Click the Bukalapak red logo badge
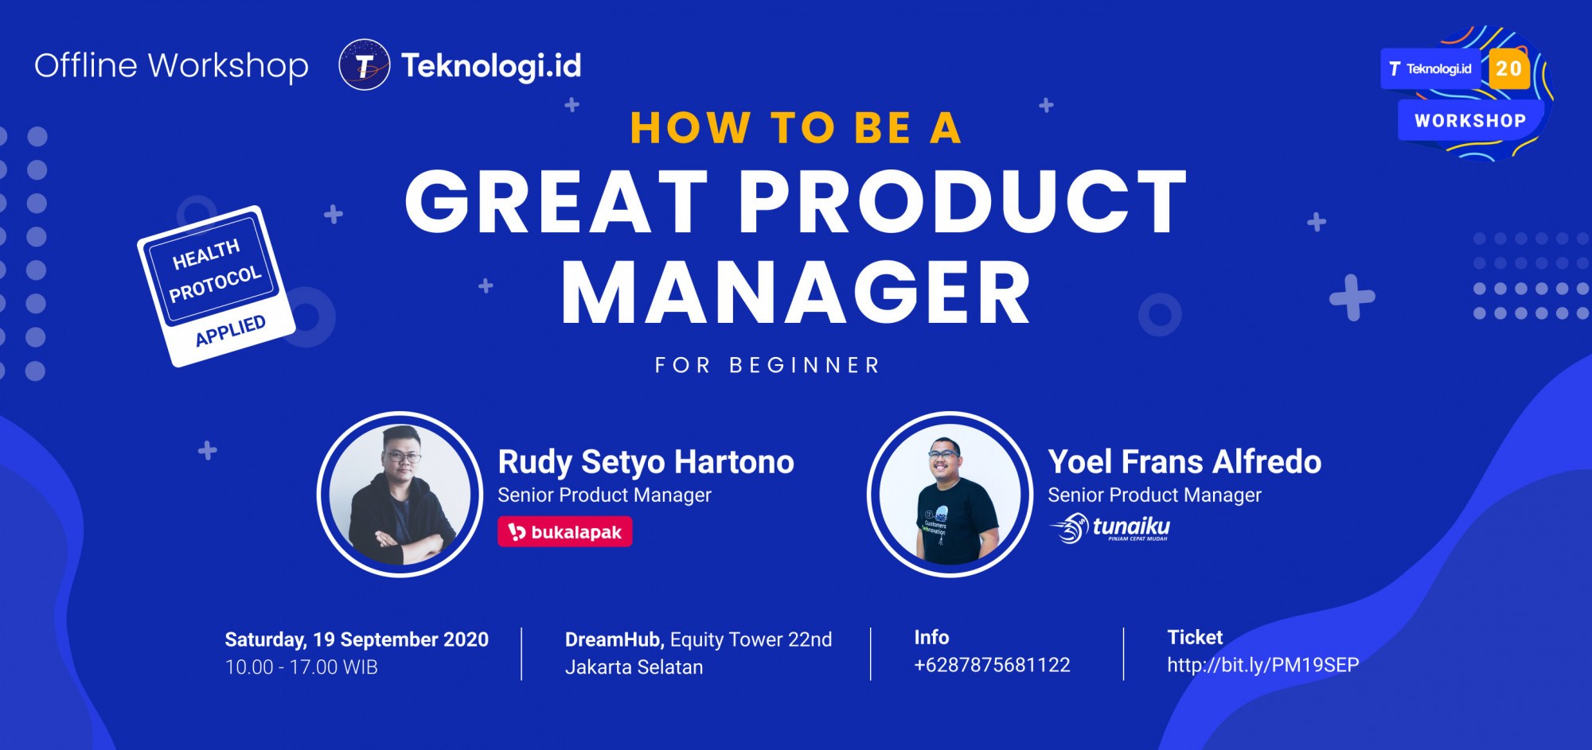[565, 532]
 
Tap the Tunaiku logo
[1110, 528]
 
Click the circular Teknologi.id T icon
[365, 65]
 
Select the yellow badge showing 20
[1508, 68]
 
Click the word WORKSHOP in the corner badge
[1470, 121]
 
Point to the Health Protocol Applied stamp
[217, 286]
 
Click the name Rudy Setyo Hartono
[646, 462]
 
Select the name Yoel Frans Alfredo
[1184, 462]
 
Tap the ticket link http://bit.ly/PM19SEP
[1263, 665]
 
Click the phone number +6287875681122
[992, 665]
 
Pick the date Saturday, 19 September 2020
[357, 639]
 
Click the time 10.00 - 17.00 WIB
[302, 667]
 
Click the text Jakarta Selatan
[634, 667]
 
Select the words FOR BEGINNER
[767, 365]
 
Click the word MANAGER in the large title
[796, 293]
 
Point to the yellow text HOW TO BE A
[796, 127]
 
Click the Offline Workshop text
[171, 65]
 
